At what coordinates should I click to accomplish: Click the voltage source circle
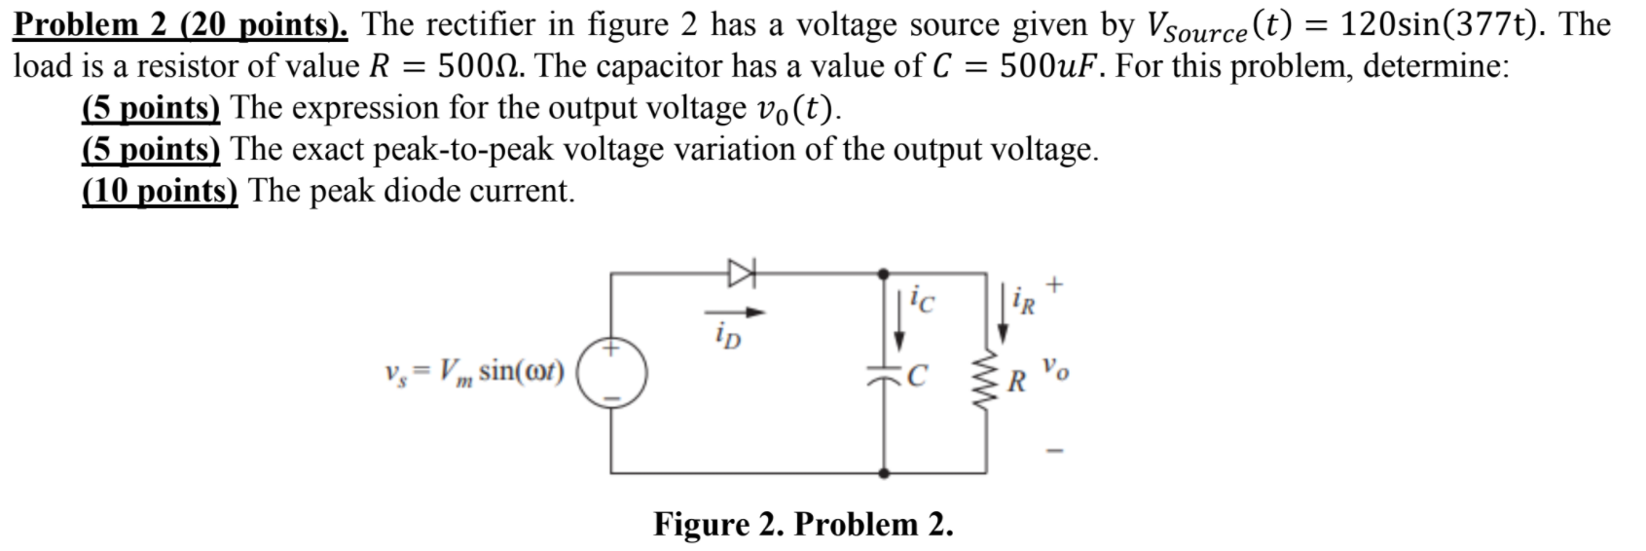click(x=610, y=372)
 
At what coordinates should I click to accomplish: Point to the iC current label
click(x=922, y=303)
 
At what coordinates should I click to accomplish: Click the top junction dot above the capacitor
click(x=884, y=275)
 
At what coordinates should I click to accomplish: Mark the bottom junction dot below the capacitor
click(x=884, y=472)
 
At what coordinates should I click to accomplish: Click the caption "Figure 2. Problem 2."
click(x=803, y=524)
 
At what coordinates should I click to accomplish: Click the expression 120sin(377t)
click(x=1444, y=24)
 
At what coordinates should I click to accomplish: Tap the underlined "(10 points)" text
click(x=160, y=190)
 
